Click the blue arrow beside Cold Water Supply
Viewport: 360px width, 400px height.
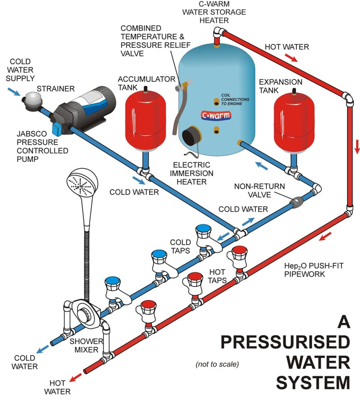coord(15,92)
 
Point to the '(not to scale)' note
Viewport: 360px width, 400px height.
coord(217,364)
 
